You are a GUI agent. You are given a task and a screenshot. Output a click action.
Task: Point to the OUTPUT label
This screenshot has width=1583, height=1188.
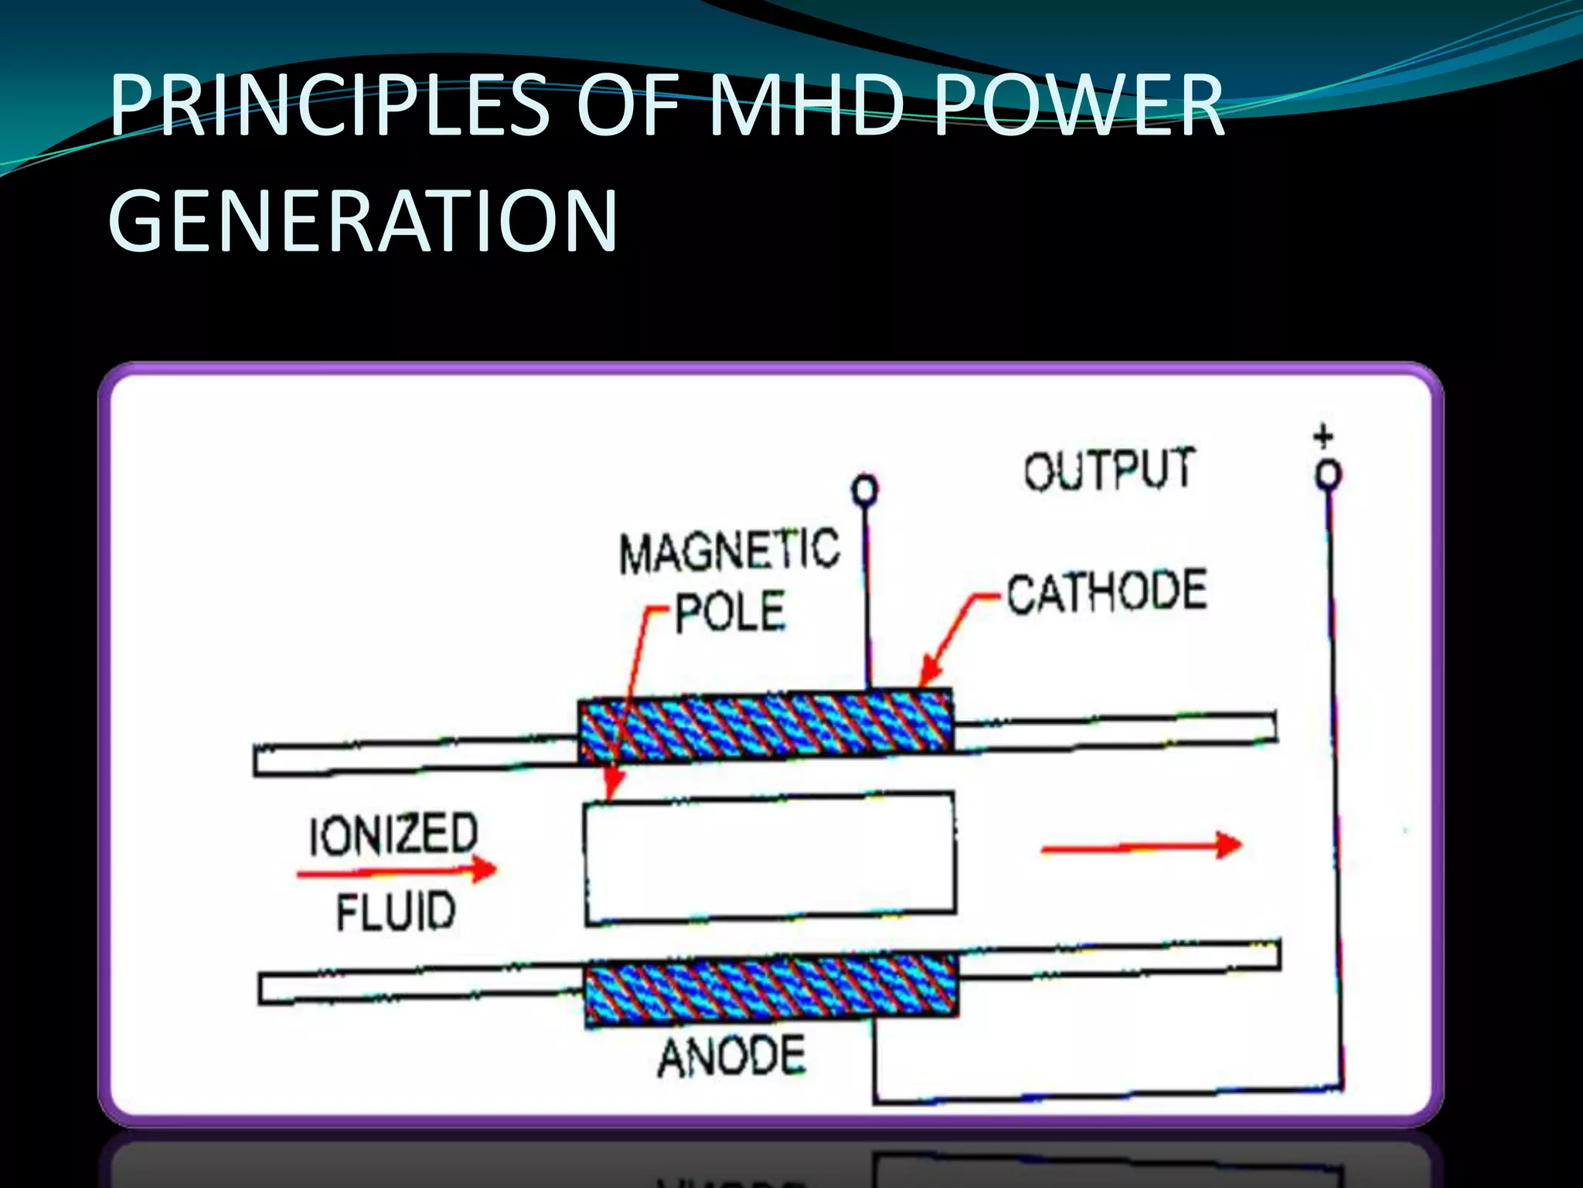[x=1109, y=469]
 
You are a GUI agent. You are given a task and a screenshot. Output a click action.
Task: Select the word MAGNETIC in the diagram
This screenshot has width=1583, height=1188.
[x=729, y=551]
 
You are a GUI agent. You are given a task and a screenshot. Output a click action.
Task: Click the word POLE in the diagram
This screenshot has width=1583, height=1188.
[x=730, y=611]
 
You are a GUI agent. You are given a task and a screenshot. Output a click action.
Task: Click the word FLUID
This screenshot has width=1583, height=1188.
[x=396, y=910]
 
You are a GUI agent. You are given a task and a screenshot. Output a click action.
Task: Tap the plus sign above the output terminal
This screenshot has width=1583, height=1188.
[x=1323, y=436]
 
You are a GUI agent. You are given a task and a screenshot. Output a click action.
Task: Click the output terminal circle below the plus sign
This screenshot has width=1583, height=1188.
[x=1329, y=474]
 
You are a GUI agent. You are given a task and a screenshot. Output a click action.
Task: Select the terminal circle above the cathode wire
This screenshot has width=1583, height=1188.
[x=865, y=490]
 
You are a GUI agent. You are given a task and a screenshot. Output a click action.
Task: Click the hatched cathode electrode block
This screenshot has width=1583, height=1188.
[x=765, y=725]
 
